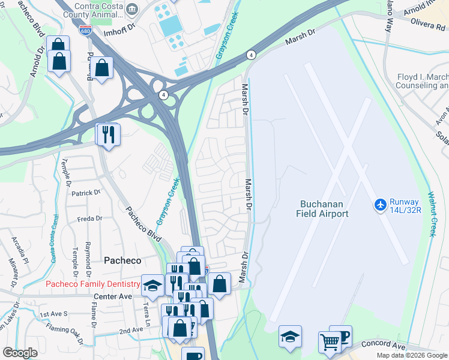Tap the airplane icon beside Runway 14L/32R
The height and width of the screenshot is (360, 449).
coord(380,205)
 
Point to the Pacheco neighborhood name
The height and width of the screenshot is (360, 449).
coord(122,260)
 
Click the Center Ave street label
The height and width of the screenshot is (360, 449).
coord(112,296)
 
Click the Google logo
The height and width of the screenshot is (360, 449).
coord(20,353)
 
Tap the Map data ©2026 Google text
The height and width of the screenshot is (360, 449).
coord(411,355)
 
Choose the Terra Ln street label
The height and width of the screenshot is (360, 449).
coord(146,311)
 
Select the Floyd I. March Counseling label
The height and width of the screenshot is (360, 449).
coord(423,82)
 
